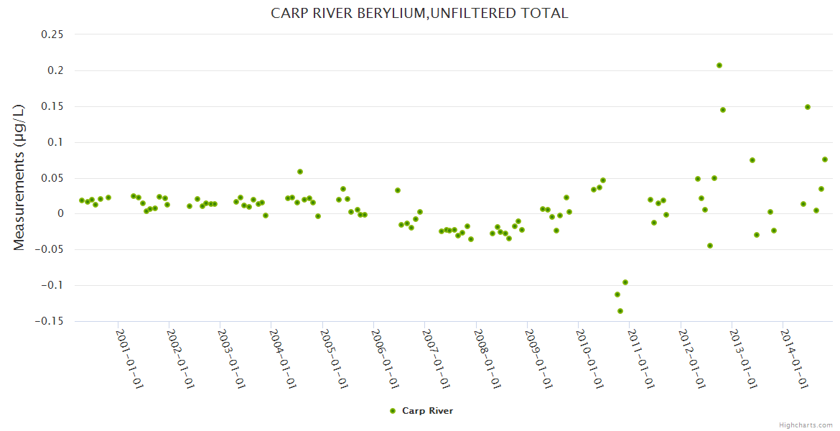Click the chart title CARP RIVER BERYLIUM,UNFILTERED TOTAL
pos(419,14)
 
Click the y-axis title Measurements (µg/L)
pos(19,177)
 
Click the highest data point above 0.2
pos(719,65)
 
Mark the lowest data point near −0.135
pos(620,311)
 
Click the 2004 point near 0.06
pos(300,172)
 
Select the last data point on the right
pos(825,159)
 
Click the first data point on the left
pos(82,200)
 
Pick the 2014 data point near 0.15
pos(808,107)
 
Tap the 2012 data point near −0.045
pos(710,246)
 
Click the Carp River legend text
pos(427,411)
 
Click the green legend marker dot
pos(392,411)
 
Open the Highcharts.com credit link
pos(806,425)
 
